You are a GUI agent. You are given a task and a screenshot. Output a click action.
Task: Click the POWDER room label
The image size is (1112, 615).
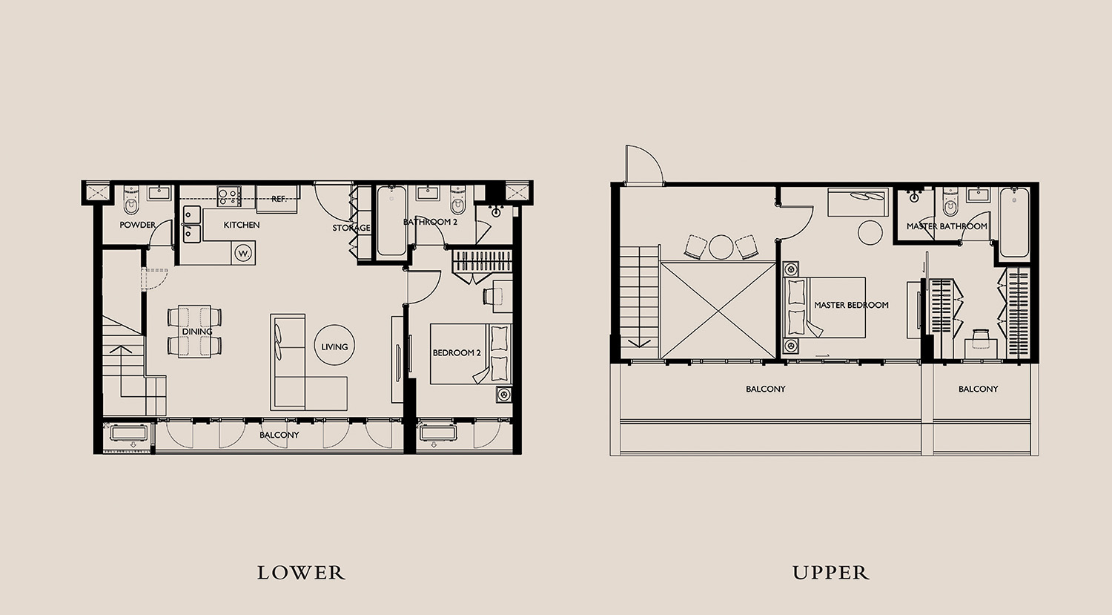(x=137, y=225)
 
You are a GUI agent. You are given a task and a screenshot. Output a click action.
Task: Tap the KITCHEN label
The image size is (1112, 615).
(x=241, y=225)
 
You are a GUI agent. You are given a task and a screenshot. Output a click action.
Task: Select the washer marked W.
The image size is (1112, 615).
(x=243, y=254)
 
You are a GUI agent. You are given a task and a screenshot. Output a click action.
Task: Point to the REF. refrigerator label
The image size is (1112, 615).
(x=279, y=199)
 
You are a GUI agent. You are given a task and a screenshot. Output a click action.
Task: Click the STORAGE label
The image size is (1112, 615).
(x=351, y=228)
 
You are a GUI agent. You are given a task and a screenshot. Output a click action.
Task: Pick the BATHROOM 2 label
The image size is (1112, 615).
(x=430, y=222)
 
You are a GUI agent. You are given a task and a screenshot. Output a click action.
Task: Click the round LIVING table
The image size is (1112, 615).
(x=334, y=346)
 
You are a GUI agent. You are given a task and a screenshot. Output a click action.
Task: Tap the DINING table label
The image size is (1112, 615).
(x=197, y=332)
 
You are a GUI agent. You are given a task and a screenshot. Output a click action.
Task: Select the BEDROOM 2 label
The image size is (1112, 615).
(x=457, y=353)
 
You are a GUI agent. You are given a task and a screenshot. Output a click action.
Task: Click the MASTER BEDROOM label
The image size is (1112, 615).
(x=851, y=305)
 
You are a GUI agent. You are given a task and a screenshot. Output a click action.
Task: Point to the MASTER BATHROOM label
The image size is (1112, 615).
(x=947, y=226)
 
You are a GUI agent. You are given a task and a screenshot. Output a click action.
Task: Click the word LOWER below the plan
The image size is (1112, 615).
(x=301, y=573)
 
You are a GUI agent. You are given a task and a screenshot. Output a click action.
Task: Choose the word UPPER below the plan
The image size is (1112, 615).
(x=831, y=573)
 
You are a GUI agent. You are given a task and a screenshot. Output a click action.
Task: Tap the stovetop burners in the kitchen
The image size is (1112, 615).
(x=229, y=196)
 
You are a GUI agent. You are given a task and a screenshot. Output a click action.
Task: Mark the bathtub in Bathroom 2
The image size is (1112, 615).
(x=391, y=221)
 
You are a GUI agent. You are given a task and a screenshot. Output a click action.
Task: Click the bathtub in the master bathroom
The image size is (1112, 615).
(x=1014, y=222)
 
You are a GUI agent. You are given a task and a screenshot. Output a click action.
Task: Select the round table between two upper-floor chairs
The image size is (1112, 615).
(x=721, y=247)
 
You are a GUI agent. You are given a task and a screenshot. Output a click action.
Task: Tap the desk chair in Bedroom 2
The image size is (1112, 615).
(x=489, y=296)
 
